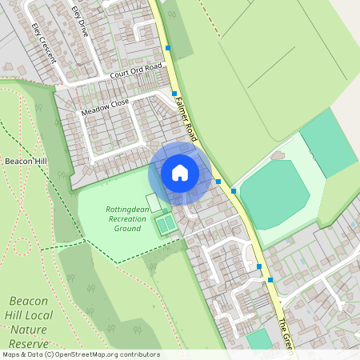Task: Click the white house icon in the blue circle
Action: [180, 173]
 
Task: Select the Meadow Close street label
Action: [105, 108]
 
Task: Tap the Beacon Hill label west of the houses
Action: [26, 161]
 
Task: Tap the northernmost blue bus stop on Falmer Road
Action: [168, 48]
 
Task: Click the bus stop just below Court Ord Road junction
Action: [174, 94]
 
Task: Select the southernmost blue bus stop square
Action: [270, 279]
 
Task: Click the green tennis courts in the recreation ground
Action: [166, 224]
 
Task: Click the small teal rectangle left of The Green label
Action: [258, 340]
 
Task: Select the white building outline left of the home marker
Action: [152, 202]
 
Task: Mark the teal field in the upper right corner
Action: [328, 142]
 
